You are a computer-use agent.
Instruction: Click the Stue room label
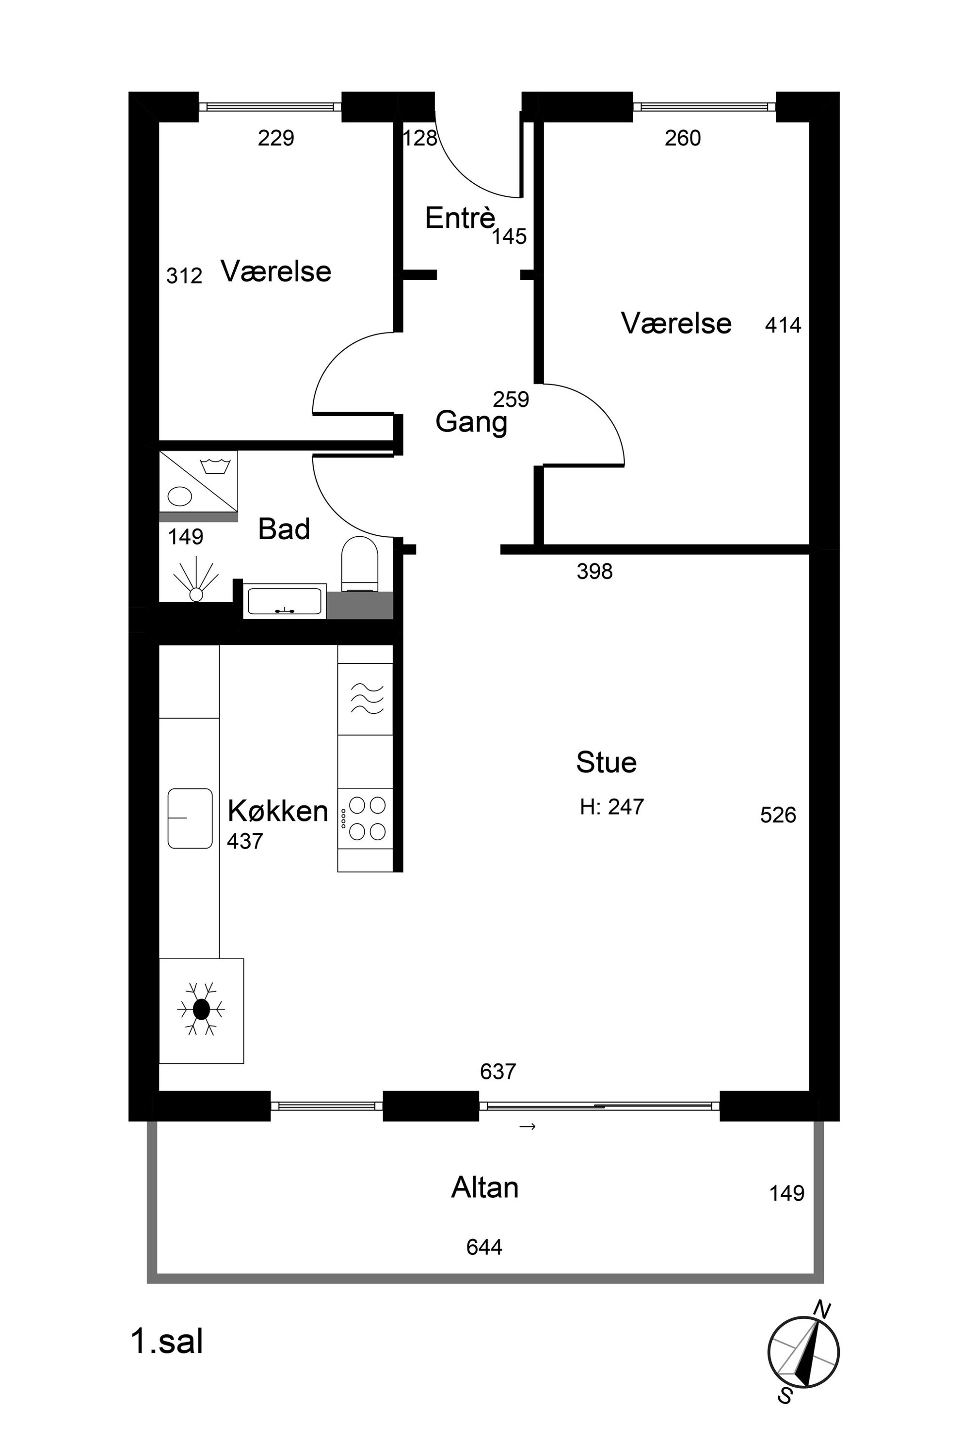coord(606,762)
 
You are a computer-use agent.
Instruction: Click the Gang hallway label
coord(471,423)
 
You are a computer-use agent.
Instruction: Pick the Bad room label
coord(284,529)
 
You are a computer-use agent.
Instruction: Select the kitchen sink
coord(190,818)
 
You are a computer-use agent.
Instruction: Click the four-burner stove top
coord(365,818)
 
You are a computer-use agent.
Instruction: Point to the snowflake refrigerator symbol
coord(201,1009)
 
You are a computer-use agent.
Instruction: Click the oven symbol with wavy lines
coord(366,699)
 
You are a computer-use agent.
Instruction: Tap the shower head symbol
coord(196,579)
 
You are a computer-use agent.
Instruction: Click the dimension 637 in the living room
coord(497,1071)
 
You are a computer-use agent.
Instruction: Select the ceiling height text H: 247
coord(612,807)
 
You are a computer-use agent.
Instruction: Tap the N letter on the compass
coord(822,1310)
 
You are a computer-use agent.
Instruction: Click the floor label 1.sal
coord(167,1341)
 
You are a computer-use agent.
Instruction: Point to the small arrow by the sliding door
coord(528,1126)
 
